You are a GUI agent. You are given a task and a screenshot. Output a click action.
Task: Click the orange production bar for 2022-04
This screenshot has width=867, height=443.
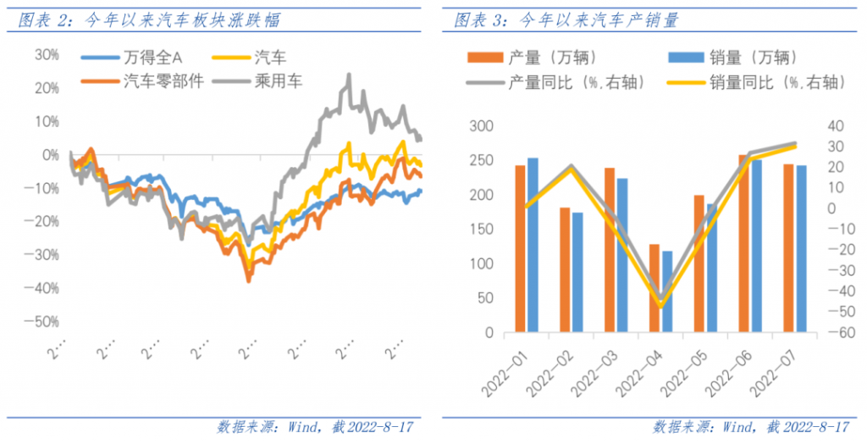(x=654, y=288)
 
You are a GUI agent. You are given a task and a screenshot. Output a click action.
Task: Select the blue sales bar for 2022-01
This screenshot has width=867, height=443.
(x=533, y=245)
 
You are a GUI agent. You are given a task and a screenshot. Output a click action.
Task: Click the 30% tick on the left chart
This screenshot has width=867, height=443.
(x=47, y=54)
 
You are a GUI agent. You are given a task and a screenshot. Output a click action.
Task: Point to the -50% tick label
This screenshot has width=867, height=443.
(x=45, y=321)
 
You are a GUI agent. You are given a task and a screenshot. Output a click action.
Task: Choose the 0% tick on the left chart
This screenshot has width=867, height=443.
(x=50, y=154)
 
